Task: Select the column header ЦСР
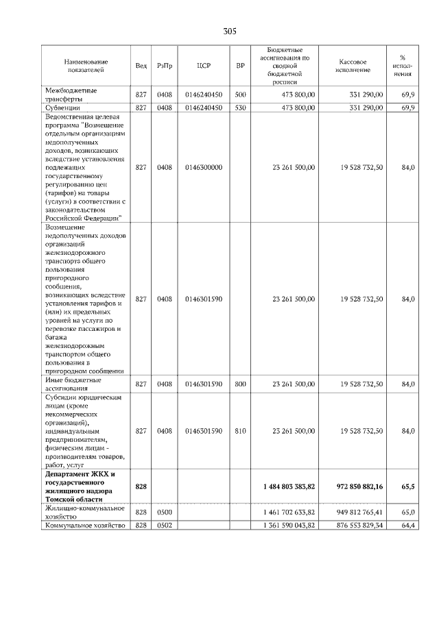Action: (x=203, y=66)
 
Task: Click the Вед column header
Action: (x=141, y=66)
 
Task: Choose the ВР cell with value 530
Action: (x=240, y=108)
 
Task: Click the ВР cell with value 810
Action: (x=240, y=431)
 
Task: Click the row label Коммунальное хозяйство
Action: (x=84, y=525)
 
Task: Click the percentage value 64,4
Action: (x=408, y=525)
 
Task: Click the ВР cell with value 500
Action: (x=240, y=94)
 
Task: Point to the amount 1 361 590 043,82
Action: (x=289, y=525)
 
